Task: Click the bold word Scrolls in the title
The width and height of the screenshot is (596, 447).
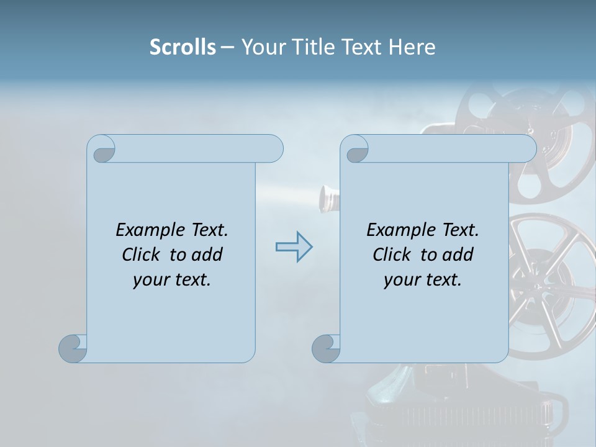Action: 183,47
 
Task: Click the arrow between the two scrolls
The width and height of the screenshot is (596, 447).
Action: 294,246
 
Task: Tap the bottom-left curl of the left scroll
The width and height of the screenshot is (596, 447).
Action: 73,348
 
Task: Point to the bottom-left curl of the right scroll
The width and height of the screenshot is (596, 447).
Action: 326,348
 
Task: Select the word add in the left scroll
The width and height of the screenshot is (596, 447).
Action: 208,255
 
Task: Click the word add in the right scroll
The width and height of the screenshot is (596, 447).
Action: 459,255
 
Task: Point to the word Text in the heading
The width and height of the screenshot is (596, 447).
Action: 361,47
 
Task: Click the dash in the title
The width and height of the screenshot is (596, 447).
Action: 228,47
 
